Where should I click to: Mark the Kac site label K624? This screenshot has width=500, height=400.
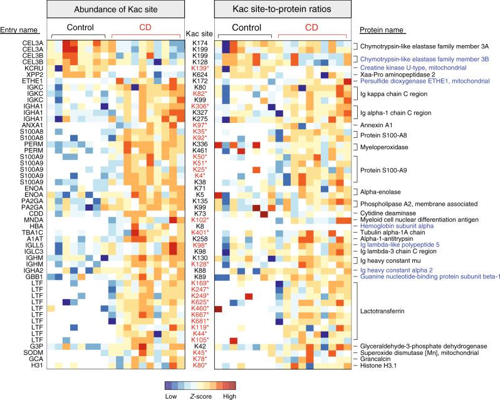point(201,75)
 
